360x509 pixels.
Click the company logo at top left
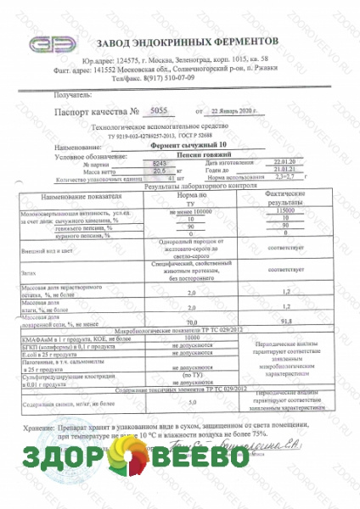point(54,45)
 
